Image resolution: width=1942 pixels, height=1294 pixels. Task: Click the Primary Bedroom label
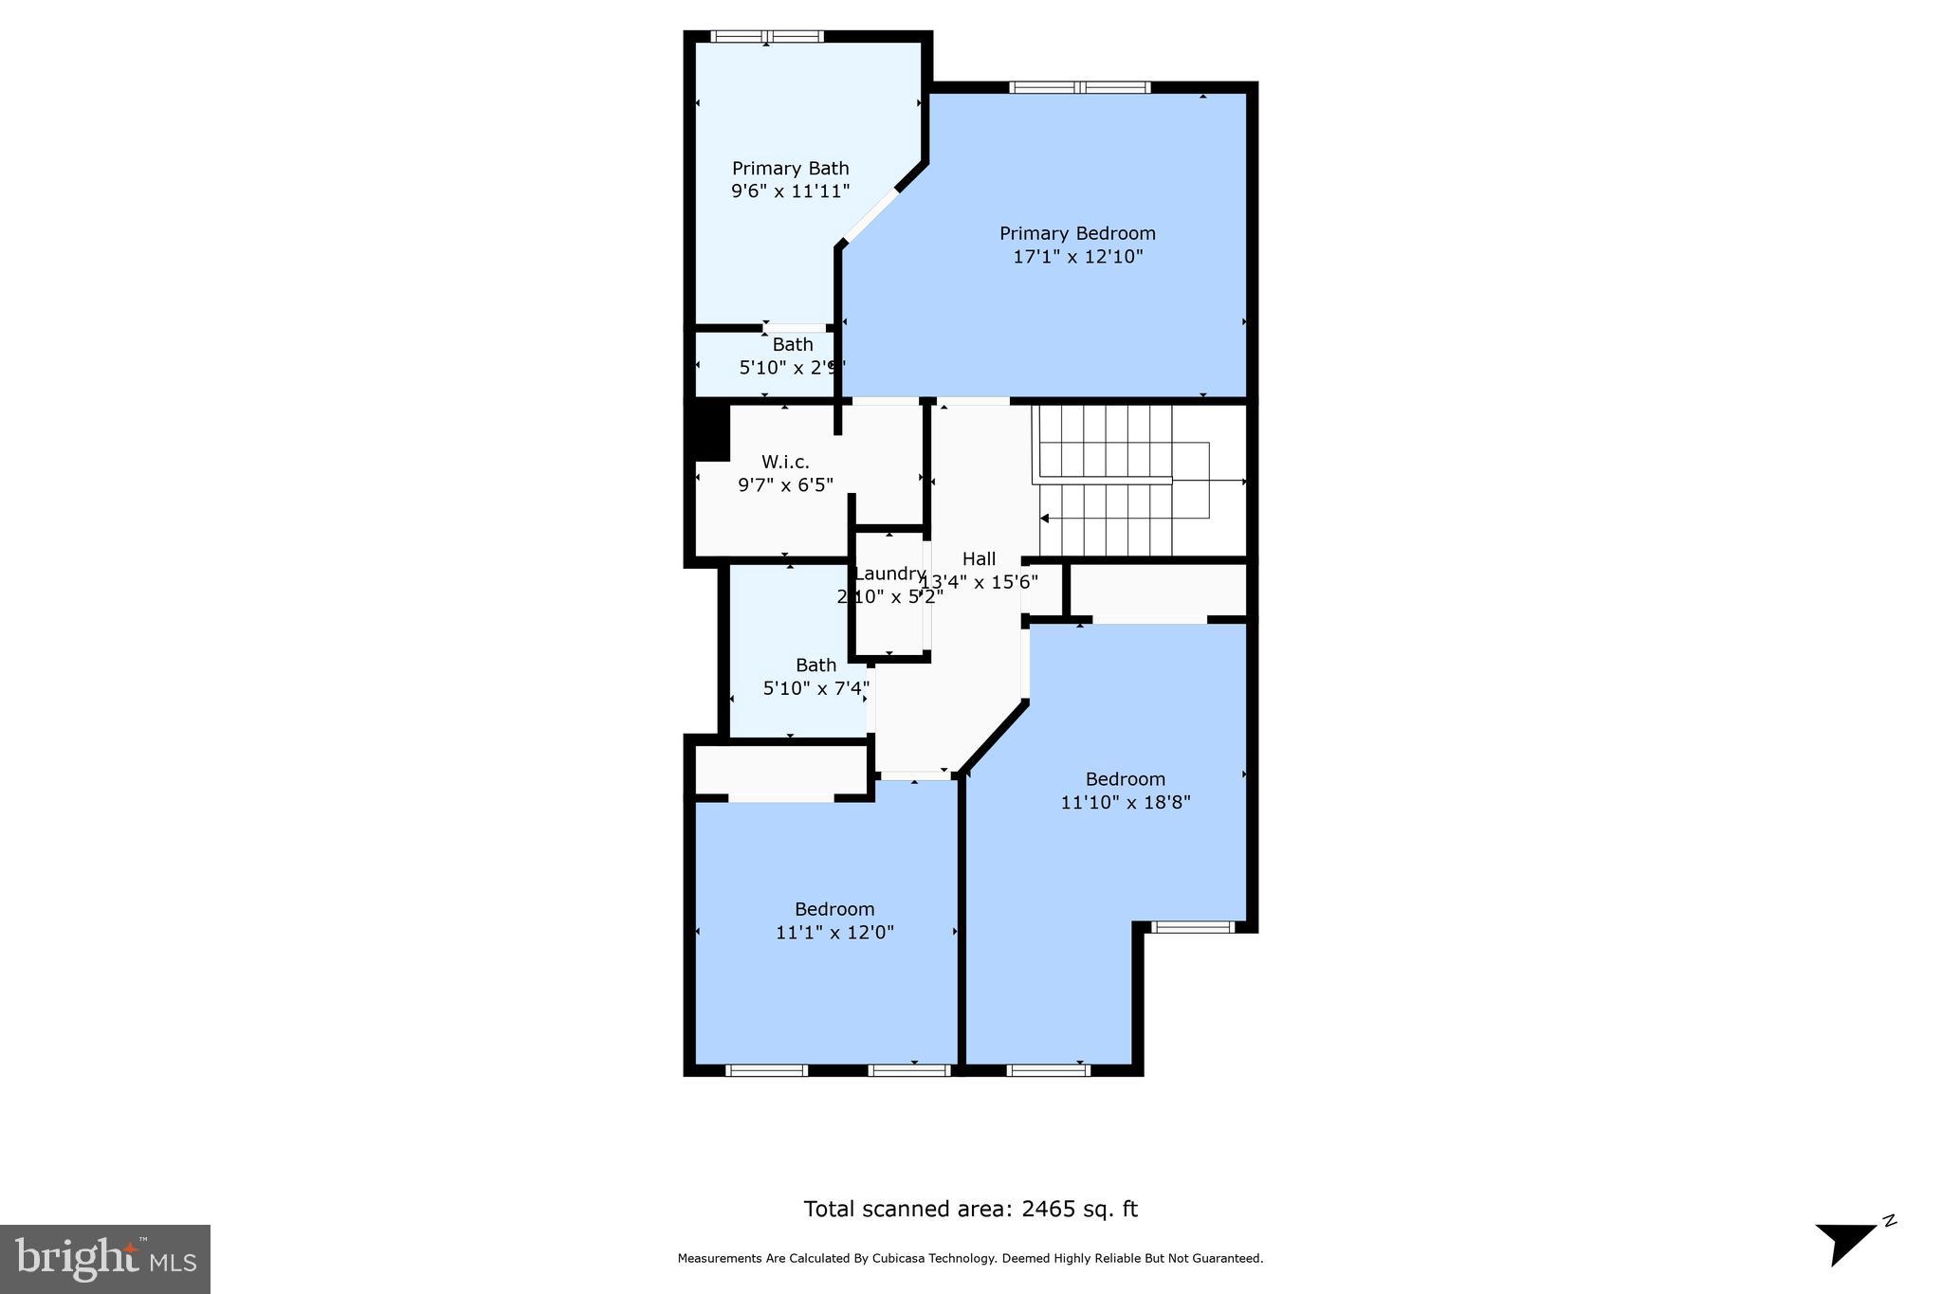click(1077, 233)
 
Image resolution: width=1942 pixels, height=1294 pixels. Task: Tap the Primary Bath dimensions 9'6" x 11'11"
click(790, 191)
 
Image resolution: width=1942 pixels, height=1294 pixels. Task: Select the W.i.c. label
click(785, 462)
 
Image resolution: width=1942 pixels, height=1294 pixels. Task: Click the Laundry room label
click(889, 574)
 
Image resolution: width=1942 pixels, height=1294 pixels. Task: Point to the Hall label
click(979, 558)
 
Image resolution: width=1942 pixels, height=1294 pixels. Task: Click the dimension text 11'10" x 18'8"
click(1125, 802)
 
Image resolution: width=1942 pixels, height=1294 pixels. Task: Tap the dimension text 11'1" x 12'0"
click(834, 932)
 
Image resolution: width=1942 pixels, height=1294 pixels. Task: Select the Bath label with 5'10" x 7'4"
click(815, 665)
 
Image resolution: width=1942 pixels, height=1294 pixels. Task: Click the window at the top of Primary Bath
click(766, 37)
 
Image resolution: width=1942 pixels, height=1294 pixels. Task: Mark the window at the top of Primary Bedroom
click(1080, 87)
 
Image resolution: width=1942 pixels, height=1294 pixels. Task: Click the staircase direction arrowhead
click(1044, 519)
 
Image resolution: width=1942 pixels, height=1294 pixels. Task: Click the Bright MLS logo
click(104, 1259)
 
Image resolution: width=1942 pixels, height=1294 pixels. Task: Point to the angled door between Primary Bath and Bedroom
click(870, 216)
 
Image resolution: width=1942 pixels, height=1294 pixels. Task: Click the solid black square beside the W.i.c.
click(711, 433)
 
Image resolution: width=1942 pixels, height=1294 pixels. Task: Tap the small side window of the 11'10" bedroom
click(1192, 927)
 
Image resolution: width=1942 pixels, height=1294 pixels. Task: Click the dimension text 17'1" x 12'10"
click(1077, 256)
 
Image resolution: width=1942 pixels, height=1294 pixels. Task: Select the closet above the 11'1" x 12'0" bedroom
click(781, 769)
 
